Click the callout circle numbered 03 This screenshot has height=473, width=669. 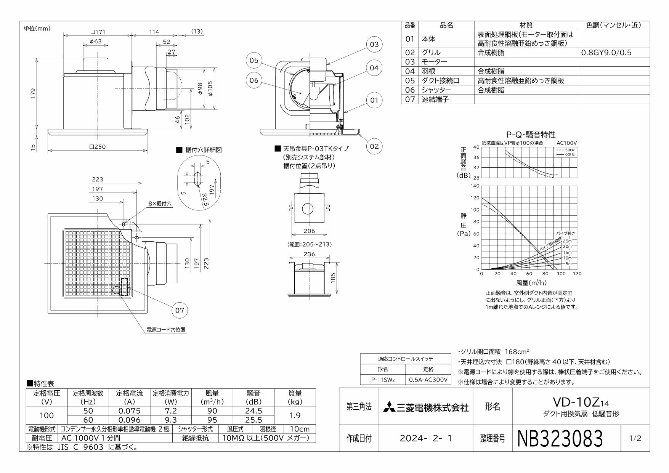coord(374,44)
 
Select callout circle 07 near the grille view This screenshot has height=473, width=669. coord(180,310)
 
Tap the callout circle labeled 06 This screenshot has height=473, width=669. coord(254,80)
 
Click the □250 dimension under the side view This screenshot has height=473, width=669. coord(97,147)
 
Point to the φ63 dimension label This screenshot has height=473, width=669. coord(95,41)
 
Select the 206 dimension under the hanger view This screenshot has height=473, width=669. coord(309,231)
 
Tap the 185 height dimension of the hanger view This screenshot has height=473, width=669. coord(333,278)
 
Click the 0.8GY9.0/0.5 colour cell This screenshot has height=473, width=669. coord(606,53)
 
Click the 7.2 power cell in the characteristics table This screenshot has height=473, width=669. coord(170,411)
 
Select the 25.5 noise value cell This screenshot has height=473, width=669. coord(253,420)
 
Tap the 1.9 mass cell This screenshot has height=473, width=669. coord(295,415)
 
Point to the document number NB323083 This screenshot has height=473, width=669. coord(560,439)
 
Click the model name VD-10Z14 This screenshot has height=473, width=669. coord(581,402)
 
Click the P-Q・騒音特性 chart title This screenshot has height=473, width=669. coord(531,135)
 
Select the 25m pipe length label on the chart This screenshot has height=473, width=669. coord(567,241)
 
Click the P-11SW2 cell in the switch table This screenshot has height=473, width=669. coord(383,380)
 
